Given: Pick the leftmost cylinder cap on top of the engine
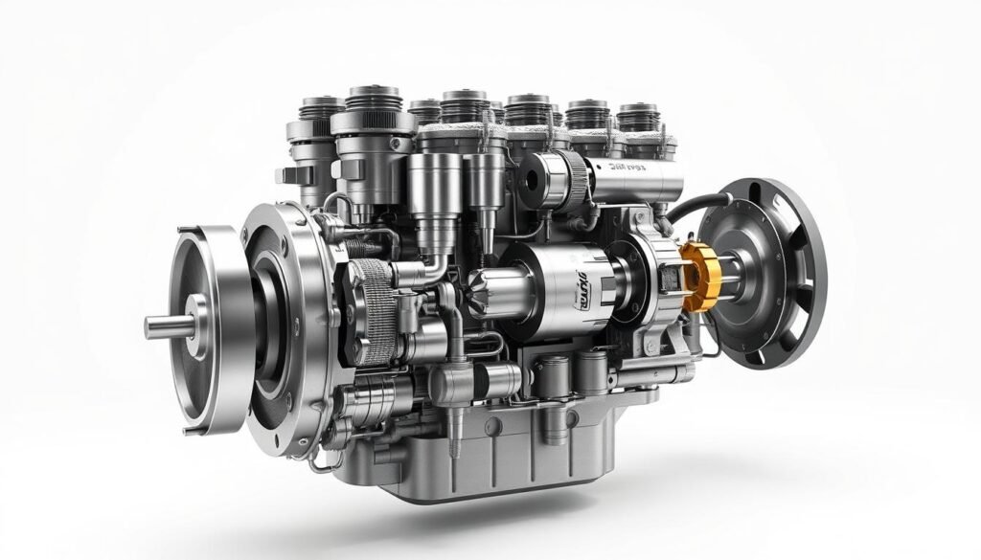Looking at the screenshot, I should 315,111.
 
